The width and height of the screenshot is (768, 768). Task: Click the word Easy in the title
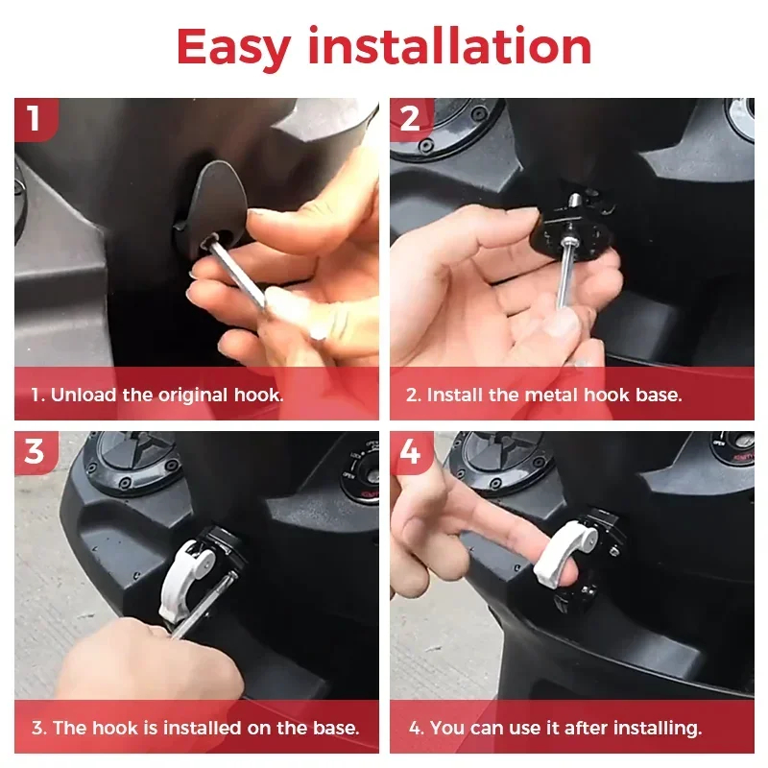pyautogui.click(x=233, y=48)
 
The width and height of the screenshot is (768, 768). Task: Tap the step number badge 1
pyautogui.click(x=36, y=119)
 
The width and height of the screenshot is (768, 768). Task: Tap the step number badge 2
pyautogui.click(x=411, y=119)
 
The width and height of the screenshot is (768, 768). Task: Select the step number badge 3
pyautogui.click(x=36, y=452)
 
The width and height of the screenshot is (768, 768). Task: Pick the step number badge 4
pyautogui.click(x=411, y=452)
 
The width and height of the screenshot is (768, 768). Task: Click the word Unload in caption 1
pyautogui.click(x=84, y=395)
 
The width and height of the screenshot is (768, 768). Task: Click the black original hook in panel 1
pyautogui.click(x=213, y=205)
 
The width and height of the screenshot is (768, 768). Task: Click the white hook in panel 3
pyautogui.click(x=183, y=578)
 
